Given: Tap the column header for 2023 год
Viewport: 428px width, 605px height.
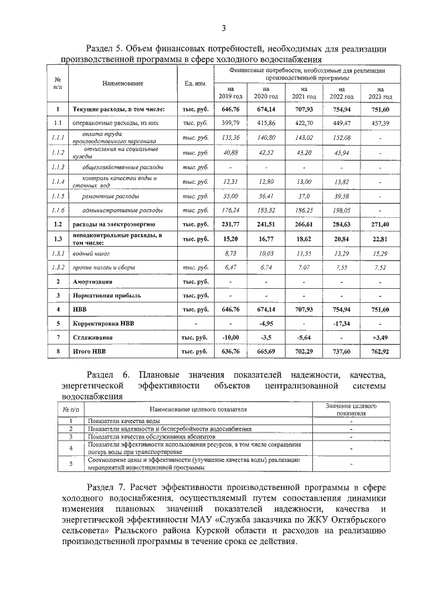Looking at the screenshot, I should click(380, 93).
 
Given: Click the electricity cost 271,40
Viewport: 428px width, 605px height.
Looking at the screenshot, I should click(380, 225).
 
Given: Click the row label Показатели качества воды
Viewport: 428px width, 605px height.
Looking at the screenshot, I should click(123, 420).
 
